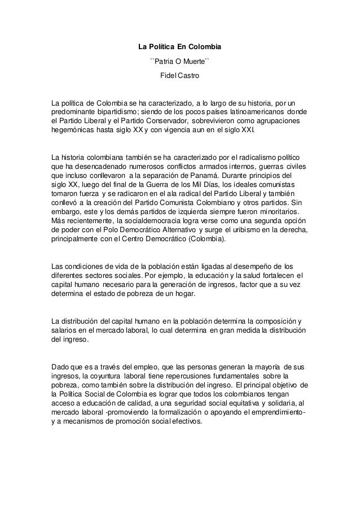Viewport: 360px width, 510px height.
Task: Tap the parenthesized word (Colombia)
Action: click(202, 239)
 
